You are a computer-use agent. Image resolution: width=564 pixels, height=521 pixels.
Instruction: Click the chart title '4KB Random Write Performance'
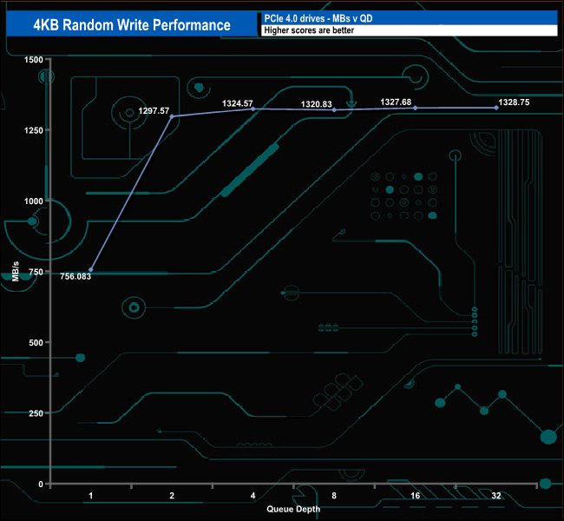tap(132, 24)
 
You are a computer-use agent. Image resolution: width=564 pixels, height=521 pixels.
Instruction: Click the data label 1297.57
tap(154, 111)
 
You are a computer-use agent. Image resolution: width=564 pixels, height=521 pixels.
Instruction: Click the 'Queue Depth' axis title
tap(293, 509)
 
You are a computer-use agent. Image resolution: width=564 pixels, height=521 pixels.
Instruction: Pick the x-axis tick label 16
tap(415, 495)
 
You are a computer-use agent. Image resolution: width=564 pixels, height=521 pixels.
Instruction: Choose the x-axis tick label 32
tap(495, 495)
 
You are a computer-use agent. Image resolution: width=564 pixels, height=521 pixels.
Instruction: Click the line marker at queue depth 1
tap(91, 270)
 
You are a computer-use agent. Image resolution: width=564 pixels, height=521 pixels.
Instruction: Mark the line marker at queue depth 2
tap(172, 116)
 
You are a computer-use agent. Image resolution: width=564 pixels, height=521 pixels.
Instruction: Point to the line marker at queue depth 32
tap(496, 108)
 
